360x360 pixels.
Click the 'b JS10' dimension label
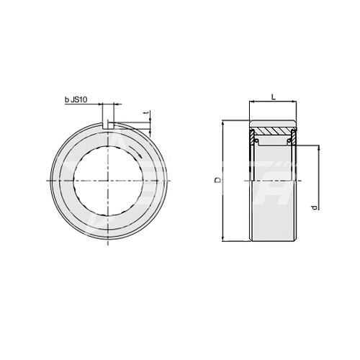76,100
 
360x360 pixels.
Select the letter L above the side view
274,97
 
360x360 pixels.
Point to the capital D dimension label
217,180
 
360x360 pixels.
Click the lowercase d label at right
315,207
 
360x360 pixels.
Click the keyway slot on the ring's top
108,125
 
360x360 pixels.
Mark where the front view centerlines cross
108,180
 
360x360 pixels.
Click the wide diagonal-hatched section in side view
274,131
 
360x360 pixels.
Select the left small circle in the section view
256,140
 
